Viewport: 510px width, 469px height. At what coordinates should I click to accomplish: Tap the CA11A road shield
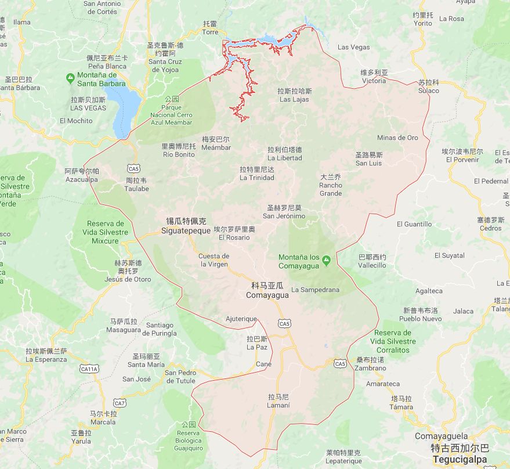tap(89, 369)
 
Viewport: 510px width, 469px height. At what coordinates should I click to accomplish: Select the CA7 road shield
tap(120, 403)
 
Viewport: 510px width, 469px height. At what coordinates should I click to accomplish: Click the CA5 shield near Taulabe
tap(134, 168)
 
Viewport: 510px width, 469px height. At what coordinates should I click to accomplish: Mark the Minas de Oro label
tap(397, 138)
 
